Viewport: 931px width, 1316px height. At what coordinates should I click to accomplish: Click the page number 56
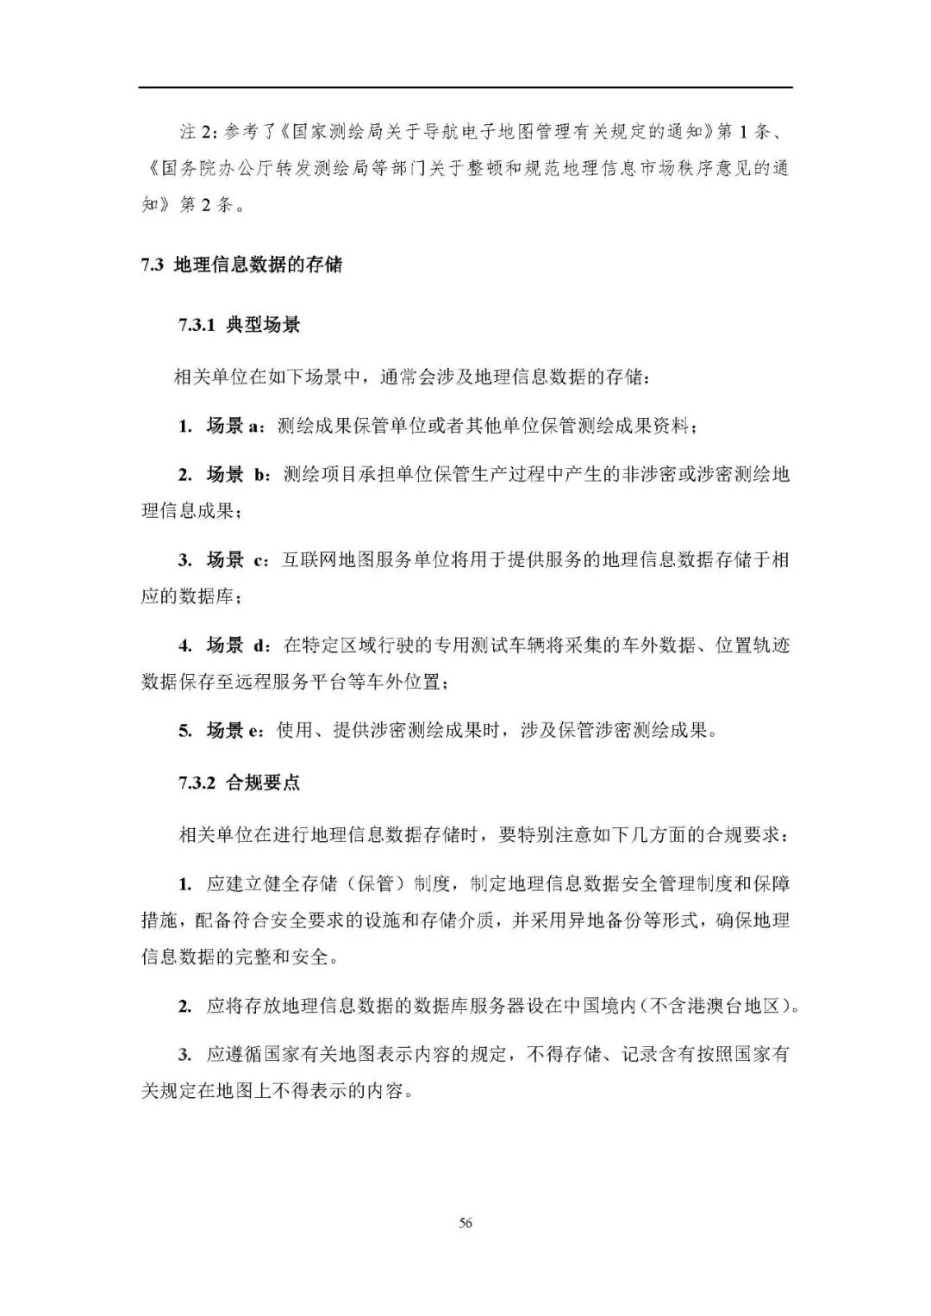click(x=465, y=1222)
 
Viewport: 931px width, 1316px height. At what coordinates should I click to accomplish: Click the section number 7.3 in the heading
click(x=152, y=265)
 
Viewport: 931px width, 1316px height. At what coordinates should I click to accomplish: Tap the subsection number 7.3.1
click(x=197, y=326)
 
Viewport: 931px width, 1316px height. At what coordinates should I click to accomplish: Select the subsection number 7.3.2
click(x=197, y=783)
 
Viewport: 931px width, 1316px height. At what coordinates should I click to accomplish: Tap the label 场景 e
click(x=234, y=731)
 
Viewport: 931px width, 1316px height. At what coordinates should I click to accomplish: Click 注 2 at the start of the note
click(x=195, y=131)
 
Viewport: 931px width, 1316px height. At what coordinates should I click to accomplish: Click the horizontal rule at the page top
click(x=465, y=87)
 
